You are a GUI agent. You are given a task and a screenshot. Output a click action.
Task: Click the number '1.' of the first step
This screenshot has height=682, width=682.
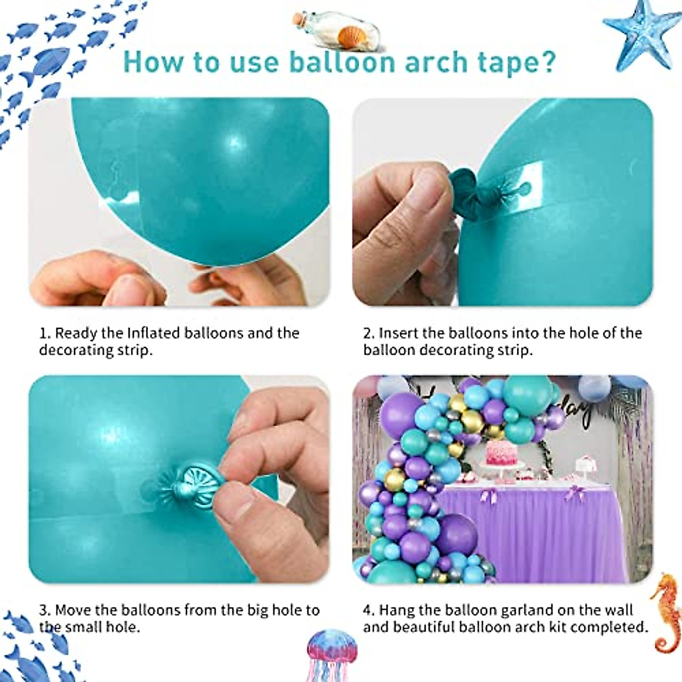[44, 333]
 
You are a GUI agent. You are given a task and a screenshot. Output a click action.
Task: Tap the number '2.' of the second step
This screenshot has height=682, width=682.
[369, 333]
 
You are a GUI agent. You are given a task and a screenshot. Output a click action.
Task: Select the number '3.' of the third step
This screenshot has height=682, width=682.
[45, 611]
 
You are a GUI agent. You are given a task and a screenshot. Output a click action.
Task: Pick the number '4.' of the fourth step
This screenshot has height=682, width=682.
[369, 611]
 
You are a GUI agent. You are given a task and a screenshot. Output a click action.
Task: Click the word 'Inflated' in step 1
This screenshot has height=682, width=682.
[155, 333]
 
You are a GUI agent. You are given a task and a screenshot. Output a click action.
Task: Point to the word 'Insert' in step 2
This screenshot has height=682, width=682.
[400, 333]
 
